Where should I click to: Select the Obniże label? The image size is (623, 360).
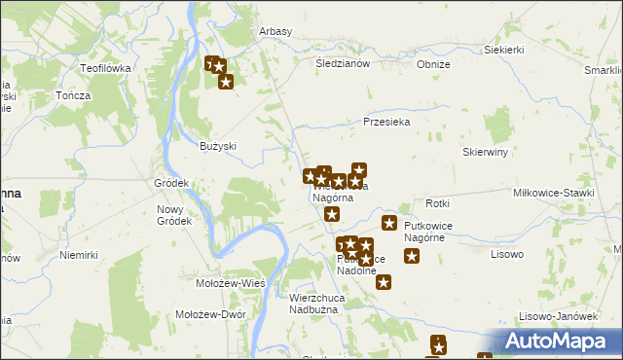coord(433,64)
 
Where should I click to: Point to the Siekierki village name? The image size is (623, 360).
coord(504,49)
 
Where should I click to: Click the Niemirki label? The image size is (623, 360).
coord(79,255)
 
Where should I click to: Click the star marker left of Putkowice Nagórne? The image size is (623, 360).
coord(389,225)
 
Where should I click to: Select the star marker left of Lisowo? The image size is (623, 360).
coord(412,257)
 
